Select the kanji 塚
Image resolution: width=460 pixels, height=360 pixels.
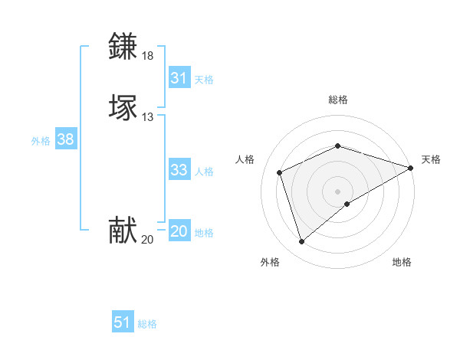[124, 106]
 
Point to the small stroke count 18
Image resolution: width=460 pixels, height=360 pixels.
[147, 56]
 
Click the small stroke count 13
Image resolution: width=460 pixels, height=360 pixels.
[147, 117]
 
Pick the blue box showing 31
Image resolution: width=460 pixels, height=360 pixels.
[179, 78]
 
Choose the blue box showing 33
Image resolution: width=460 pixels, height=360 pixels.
[179, 170]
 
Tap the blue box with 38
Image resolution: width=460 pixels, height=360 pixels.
[66, 139]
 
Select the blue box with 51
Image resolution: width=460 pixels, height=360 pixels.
[123, 322]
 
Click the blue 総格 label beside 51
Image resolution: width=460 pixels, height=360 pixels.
[147, 324]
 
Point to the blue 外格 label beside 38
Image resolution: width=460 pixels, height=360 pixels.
[41, 141]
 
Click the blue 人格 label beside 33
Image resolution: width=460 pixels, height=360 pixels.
[205, 172]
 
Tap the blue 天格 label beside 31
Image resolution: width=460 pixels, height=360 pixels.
[205, 80]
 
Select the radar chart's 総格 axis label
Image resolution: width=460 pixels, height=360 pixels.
[338, 100]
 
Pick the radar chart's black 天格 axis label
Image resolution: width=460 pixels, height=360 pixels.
[431, 159]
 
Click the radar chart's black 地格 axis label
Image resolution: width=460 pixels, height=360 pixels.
[402, 262]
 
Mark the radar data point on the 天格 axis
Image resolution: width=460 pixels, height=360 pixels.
[410, 168]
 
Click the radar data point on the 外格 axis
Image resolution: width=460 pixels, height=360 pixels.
[301, 242]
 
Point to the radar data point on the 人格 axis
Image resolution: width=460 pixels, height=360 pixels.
[281, 172]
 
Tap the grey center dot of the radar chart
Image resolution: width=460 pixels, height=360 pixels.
[338, 191]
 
